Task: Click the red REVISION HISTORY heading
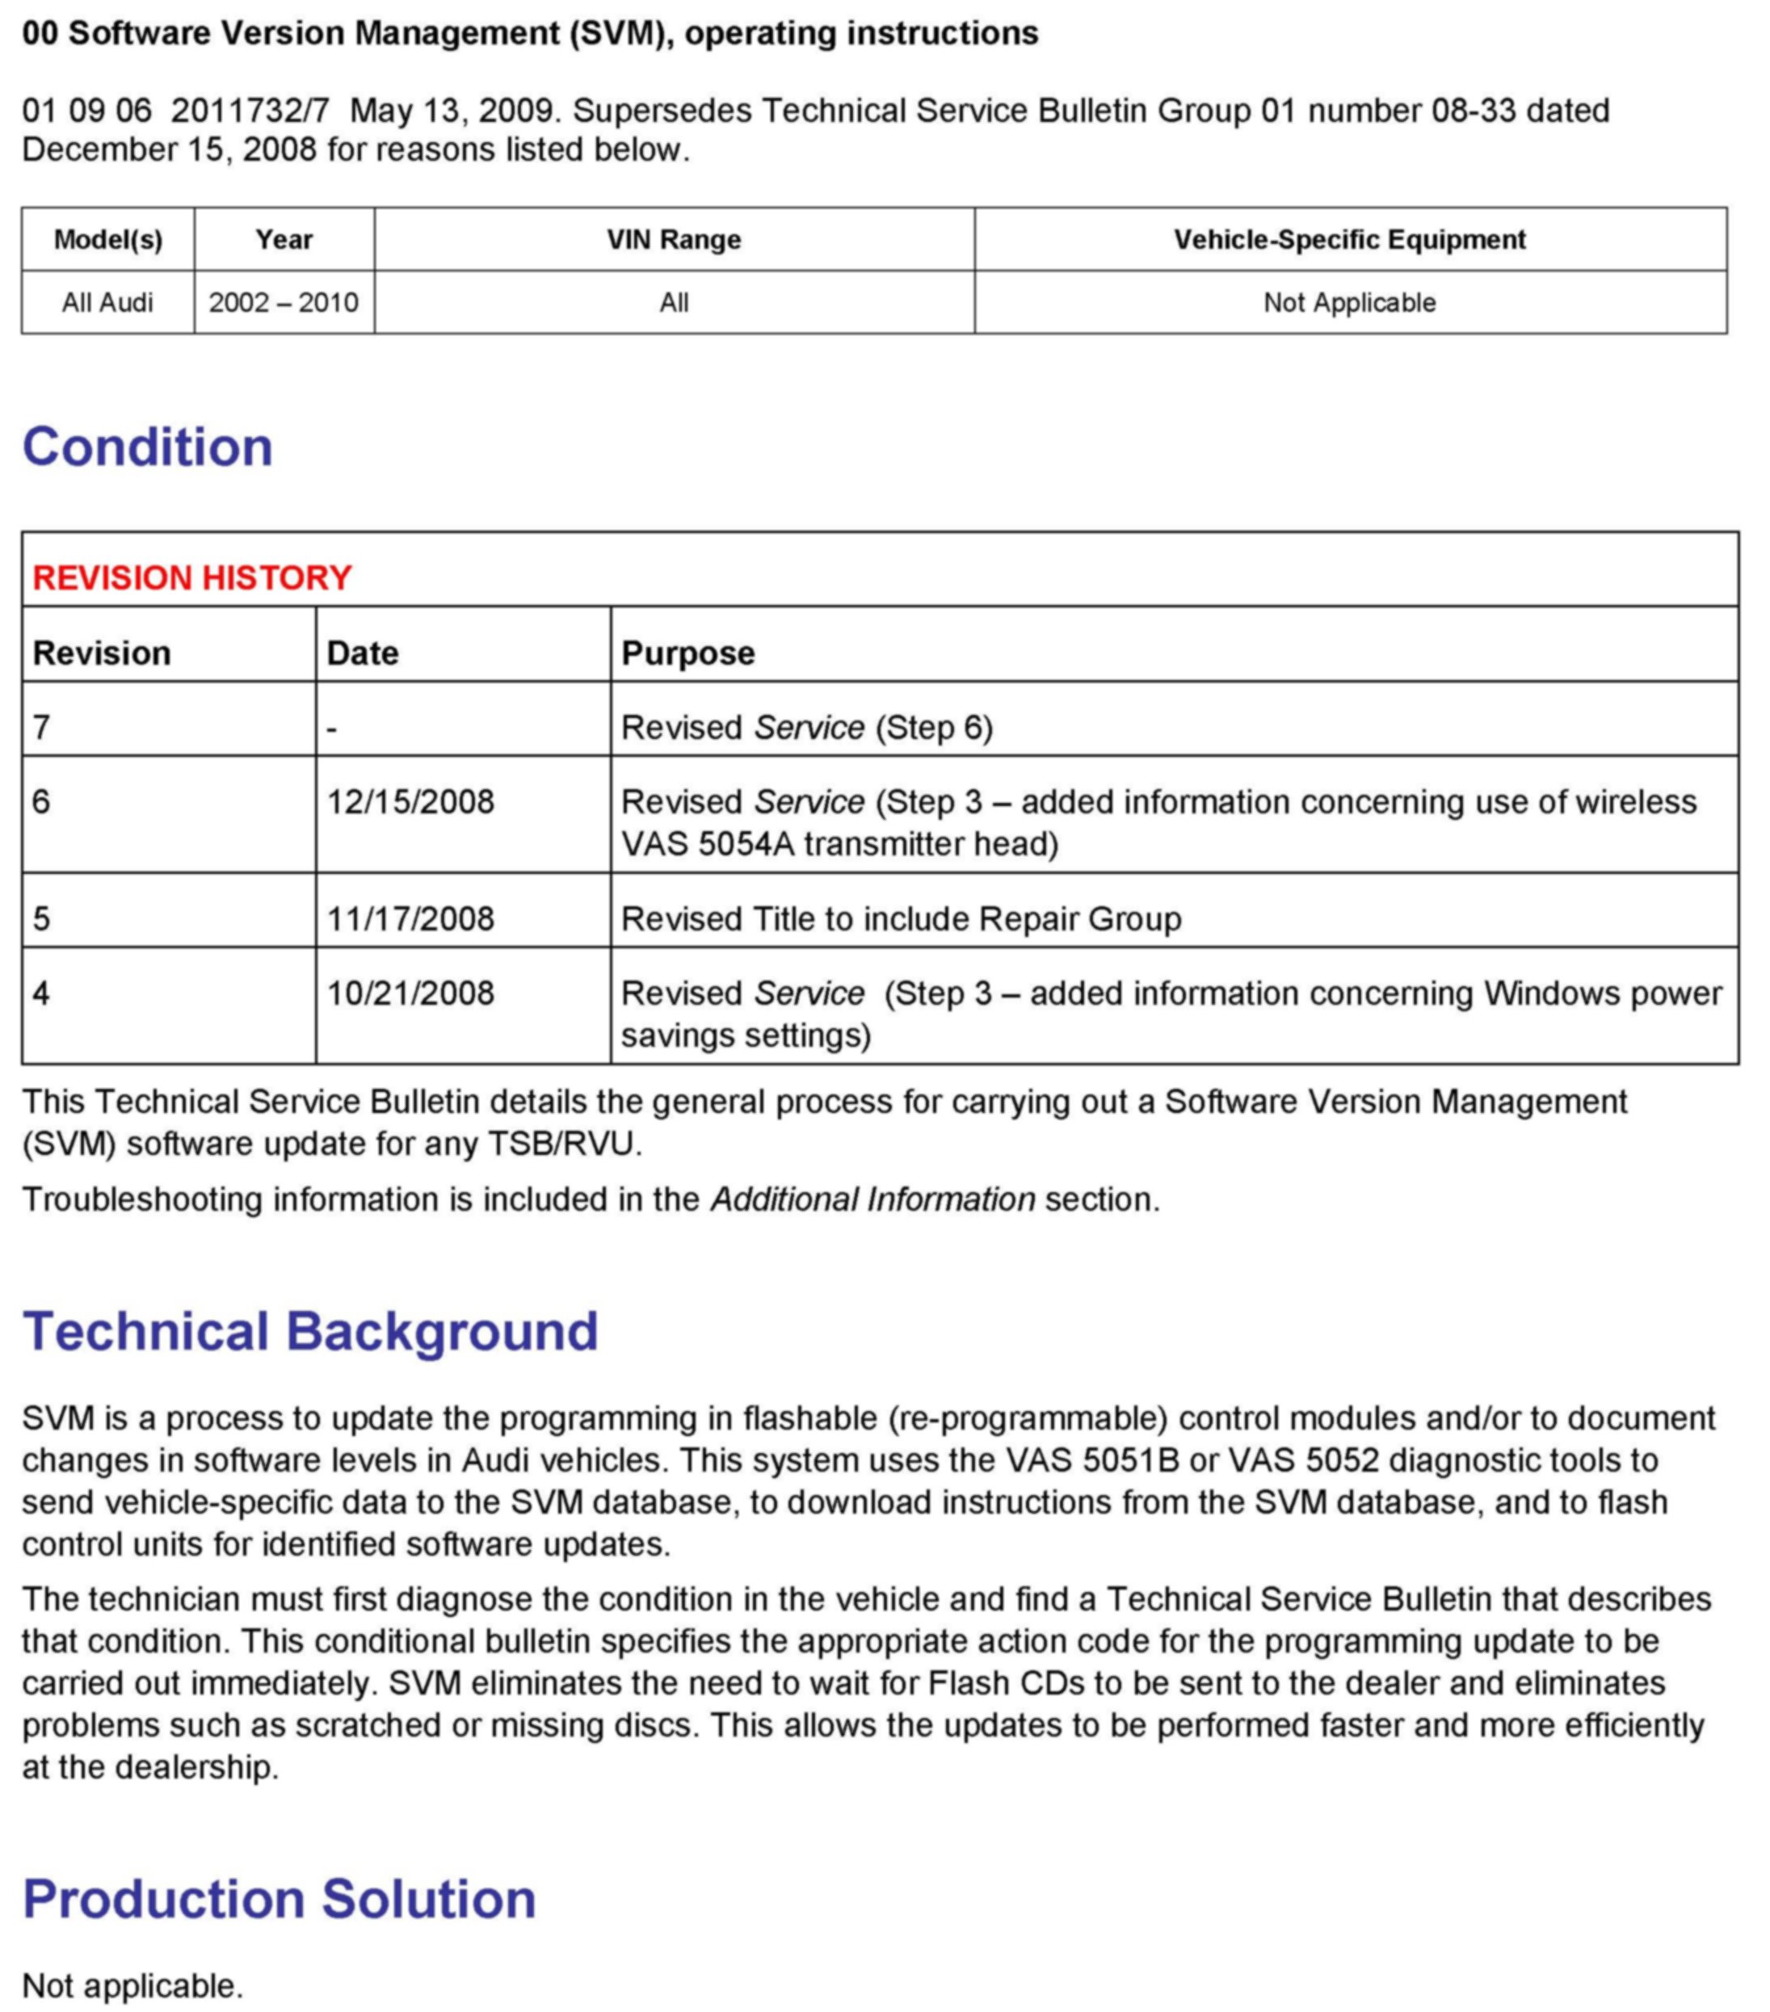(192, 578)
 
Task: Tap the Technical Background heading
(310, 1332)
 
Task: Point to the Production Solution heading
(279, 1899)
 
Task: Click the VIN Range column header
(674, 239)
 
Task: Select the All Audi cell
(107, 302)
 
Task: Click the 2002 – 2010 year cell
(284, 302)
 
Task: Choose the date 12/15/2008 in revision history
(410, 802)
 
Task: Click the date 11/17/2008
(410, 919)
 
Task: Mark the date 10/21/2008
(410, 993)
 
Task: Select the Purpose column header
(688, 653)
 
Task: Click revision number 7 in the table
(41, 729)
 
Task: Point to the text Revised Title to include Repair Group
(901, 919)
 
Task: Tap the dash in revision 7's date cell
(332, 729)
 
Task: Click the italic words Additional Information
(872, 1200)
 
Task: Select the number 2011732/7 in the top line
(250, 110)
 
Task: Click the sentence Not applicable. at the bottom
(132, 1985)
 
